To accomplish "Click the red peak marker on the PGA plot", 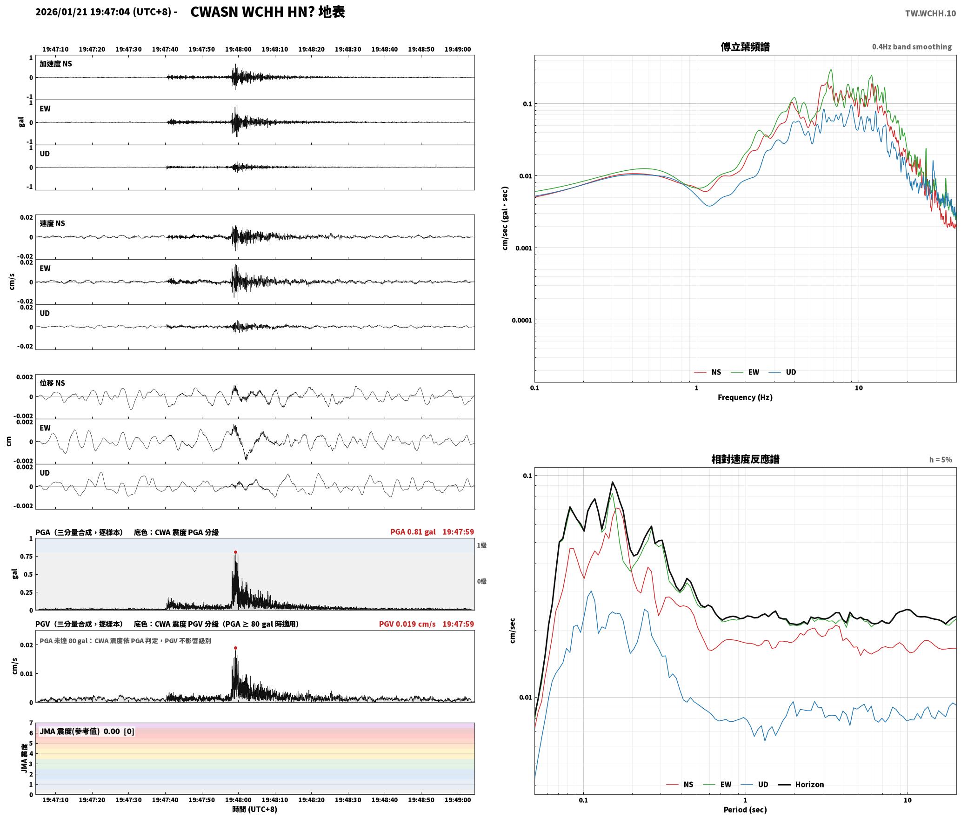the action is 235,552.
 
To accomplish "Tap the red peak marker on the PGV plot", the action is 235,648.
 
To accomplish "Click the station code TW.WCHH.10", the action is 930,13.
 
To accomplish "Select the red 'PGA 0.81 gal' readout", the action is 413,532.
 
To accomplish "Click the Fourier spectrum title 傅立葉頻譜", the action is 745,47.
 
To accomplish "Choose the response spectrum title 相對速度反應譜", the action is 745,459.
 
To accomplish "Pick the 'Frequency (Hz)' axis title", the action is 745,397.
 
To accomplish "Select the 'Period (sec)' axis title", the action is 745,810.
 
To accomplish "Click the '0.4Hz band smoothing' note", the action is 912,47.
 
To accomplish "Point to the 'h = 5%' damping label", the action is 941,460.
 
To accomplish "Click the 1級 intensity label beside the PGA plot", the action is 481,545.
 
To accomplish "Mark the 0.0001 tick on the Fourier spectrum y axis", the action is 521,320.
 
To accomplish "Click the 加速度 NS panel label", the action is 56,64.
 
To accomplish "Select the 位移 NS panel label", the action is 52,383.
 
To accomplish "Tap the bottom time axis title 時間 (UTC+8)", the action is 255,809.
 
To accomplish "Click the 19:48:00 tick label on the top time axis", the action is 238,49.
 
